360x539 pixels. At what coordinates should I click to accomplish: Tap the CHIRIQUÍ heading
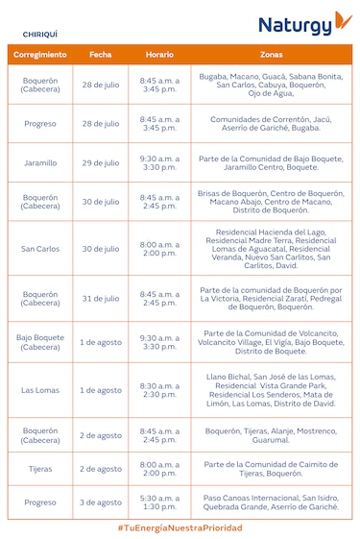tap(42, 33)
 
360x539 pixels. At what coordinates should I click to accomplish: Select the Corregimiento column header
tap(40, 55)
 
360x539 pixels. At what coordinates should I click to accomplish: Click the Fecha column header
tap(101, 55)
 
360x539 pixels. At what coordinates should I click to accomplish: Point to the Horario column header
tap(159, 55)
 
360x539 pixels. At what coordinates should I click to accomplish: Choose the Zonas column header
tap(271, 55)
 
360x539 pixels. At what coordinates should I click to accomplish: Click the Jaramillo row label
tap(40, 163)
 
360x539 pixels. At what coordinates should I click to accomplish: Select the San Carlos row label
tap(40, 249)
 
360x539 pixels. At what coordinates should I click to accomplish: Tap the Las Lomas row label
tap(40, 390)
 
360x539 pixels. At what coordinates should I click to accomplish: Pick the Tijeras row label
tap(40, 469)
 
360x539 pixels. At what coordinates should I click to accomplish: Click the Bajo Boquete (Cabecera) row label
tap(40, 343)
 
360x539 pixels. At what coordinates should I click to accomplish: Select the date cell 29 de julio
tap(101, 163)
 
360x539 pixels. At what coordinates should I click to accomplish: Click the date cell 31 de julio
tap(101, 299)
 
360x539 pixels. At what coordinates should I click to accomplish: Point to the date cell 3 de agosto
tap(101, 502)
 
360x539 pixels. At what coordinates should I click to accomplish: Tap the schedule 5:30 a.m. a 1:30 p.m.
tap(159, 502)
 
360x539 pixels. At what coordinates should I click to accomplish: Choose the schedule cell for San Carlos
tap(159, 249)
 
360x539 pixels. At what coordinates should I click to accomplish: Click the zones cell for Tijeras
tap(271, 469)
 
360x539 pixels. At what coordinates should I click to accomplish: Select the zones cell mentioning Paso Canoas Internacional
tap(271, 502)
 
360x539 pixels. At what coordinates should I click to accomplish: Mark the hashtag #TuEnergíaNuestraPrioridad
tap(180, 529)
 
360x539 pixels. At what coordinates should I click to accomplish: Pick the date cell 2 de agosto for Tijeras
tap(101, 469)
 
